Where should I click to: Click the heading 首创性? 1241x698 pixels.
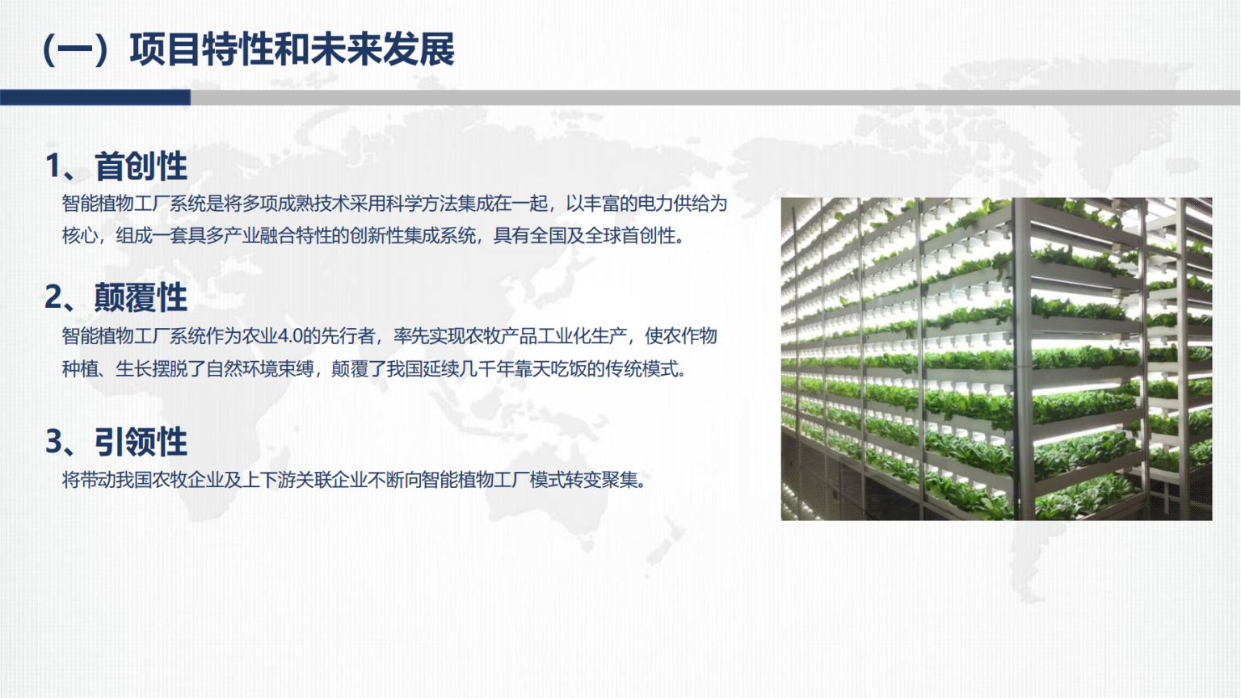pos(141,166)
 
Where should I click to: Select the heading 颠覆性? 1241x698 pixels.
pos(141,297)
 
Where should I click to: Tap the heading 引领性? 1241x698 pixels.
pos(141,442)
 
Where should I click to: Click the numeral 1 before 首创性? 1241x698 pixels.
pos(53,166)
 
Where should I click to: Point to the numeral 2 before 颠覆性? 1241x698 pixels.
pos(54,297)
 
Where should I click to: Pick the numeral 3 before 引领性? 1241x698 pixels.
pos(54,442)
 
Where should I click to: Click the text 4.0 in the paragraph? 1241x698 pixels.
pos(289,336)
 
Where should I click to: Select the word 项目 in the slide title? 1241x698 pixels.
pos(165,50)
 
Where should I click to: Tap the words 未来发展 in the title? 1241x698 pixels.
pos(382,50)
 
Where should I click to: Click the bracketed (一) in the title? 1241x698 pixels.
pos(75,50)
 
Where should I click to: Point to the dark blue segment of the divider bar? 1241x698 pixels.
pos(95,98)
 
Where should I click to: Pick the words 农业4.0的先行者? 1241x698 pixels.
pos(309,336)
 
